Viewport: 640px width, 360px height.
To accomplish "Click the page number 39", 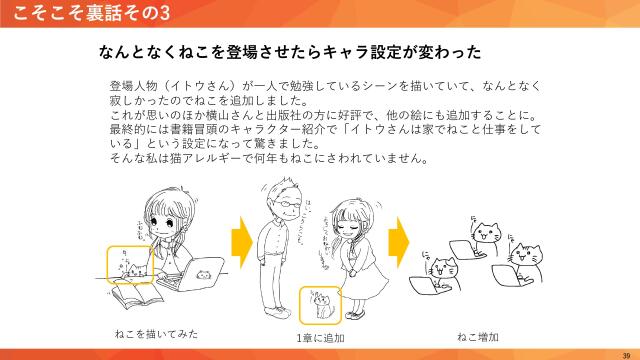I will (x=626, y=353).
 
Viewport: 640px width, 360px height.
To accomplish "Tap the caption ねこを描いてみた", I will (x=149, y=334).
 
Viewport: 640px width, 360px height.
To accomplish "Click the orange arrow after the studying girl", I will (x=240, y=242).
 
